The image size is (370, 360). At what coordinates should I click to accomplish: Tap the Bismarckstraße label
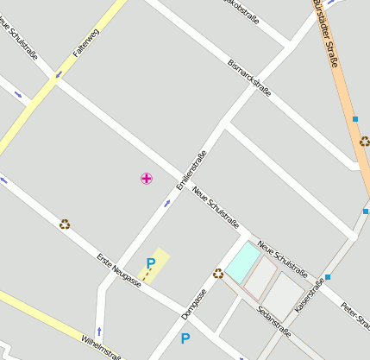249,77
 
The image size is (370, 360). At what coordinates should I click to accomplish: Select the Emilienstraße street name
191,171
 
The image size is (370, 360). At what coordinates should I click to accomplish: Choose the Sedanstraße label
273,321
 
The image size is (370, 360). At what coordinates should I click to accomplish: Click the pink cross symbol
147,179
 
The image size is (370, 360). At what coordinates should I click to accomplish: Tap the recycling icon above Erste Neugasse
65,224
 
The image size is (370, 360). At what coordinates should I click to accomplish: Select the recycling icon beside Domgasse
218,274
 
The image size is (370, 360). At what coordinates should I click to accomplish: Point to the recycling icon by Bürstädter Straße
365,142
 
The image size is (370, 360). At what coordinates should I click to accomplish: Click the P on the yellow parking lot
151,263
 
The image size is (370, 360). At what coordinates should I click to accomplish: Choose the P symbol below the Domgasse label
185,338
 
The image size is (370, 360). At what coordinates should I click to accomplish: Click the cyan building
241,260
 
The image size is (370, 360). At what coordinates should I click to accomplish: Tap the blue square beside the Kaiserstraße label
328,277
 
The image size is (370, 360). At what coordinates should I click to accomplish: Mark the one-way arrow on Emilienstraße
167,205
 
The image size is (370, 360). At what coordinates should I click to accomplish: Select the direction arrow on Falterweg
59,74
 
